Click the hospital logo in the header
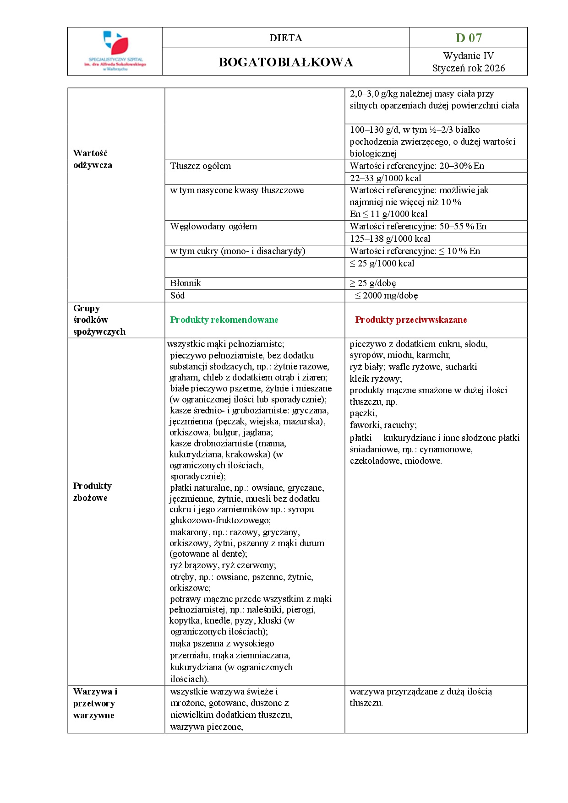coord(115,51)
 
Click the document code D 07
coord(468,38)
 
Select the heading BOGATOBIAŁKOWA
coord(286,62)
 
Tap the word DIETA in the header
coord(286,38)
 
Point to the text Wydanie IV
coord(468,56)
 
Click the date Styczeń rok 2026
coord(468,68)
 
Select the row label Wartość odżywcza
coord(93,159)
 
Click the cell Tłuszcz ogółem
coord(201,166)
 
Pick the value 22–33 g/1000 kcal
coord(385,179)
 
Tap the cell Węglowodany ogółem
coord(213,227)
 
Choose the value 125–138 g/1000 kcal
coord(390,239)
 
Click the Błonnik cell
coord(186,283)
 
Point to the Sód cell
coord(178,296)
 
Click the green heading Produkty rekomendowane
coord(224,320)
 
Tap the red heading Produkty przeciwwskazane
coord(411,320)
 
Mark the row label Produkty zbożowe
coord(92,492)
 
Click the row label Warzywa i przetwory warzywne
coord(95,703)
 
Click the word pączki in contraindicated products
coord(363,413)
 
